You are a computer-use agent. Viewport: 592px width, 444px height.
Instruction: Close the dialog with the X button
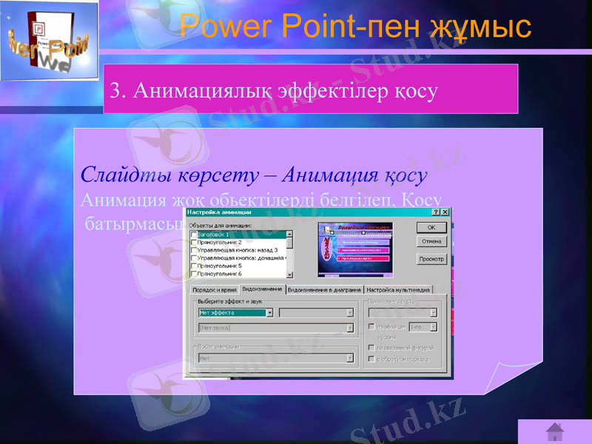click(x=445, y=212)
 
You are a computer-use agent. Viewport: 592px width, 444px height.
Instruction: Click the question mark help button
click(x=435, y=212)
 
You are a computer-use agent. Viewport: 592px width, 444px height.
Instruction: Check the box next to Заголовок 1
click(x=194, y=235)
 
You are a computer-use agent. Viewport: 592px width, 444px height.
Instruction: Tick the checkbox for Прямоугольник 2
click(x=194, y=242)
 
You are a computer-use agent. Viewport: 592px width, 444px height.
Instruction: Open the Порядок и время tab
click(x=215, y=289)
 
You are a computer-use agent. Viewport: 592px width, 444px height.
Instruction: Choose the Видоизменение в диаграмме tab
click(x=324, y=289)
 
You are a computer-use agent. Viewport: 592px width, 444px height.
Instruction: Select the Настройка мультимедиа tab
click(x=398, y=289)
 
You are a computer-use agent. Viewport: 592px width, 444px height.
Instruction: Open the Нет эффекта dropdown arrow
click(x=269, y=312)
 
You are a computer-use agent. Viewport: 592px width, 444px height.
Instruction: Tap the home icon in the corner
click(x=554, y=431)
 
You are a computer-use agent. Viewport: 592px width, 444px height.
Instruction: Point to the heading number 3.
click(x=114, y=91)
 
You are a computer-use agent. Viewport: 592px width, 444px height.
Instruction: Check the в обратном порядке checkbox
click(x=371, y=359)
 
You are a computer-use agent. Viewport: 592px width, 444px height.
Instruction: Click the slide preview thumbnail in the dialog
click(x=355, y=250)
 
